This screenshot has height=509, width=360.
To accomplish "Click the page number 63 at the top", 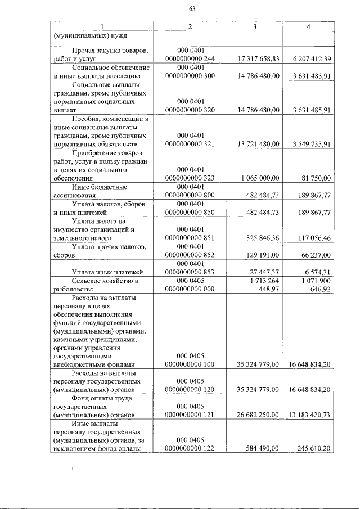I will (x=192, y=8).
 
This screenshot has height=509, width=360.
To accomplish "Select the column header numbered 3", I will (x=255, y=27).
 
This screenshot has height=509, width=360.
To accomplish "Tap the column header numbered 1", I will (x=101, y=27).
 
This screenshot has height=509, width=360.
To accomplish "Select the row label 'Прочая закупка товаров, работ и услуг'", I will (x=101, y=55).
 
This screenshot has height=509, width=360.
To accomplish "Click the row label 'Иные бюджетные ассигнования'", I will (x=101, y=191).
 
